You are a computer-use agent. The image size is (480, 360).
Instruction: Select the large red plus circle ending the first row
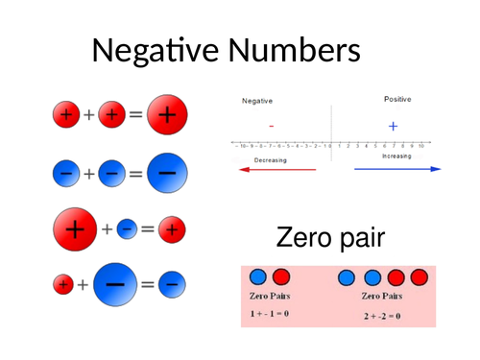pos(166,114)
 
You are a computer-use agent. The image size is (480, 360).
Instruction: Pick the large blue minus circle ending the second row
pos(166,174)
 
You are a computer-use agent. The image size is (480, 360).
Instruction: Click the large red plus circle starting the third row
pos(78,229)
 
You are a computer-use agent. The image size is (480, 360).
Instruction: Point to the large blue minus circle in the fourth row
pos(114,284)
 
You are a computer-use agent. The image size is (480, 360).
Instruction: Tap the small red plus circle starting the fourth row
pos(63,284)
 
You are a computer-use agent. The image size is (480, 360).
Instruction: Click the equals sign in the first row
pos(135,114)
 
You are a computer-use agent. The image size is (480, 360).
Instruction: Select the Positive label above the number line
pos(397,99)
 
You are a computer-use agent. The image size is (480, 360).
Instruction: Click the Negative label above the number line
pos(257,100)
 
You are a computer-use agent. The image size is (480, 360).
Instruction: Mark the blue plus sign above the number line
pos(392,125)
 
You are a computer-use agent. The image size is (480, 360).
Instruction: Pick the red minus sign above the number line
pos(272,126)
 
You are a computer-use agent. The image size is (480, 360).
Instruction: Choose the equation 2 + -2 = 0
pos(382,315)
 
